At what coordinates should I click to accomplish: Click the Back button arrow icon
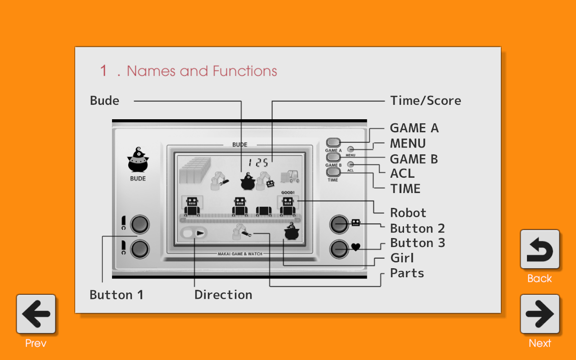click(x=540, y=249)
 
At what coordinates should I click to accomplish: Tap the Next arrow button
click(x=540, y=314)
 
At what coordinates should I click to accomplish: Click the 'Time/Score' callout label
click(x=425, y=101)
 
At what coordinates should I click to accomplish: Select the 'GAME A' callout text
click(x=414, y=128)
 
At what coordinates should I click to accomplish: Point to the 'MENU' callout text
click(x=408, y=144)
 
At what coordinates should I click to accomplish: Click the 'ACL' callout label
click(x=402, y=173)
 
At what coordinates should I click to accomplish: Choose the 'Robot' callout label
click(x=408, y=213)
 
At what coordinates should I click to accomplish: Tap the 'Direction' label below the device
click(x=223, y=295)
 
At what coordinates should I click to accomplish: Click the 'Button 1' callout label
click(x=117, y=295)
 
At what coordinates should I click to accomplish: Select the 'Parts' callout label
click(x=407, y=273)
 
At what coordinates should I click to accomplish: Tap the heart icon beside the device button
click(x=355, y=247)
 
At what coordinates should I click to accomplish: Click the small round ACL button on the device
click(x=351, y=165)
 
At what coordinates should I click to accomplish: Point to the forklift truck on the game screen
click(x=290, y=176)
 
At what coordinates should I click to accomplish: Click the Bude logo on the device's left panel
click(x=138, y=161)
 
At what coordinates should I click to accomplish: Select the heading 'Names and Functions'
click(x=202, y=71)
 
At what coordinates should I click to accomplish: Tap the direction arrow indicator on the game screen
click(x=200, y=233)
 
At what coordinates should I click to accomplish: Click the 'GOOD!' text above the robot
click(x=288, y=193)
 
